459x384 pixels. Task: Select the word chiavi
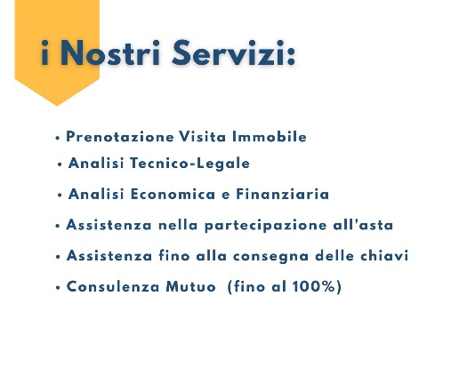click(382, 257)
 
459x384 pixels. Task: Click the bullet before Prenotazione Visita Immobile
click(57, 139)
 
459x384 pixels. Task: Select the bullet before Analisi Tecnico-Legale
click(59, 165)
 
